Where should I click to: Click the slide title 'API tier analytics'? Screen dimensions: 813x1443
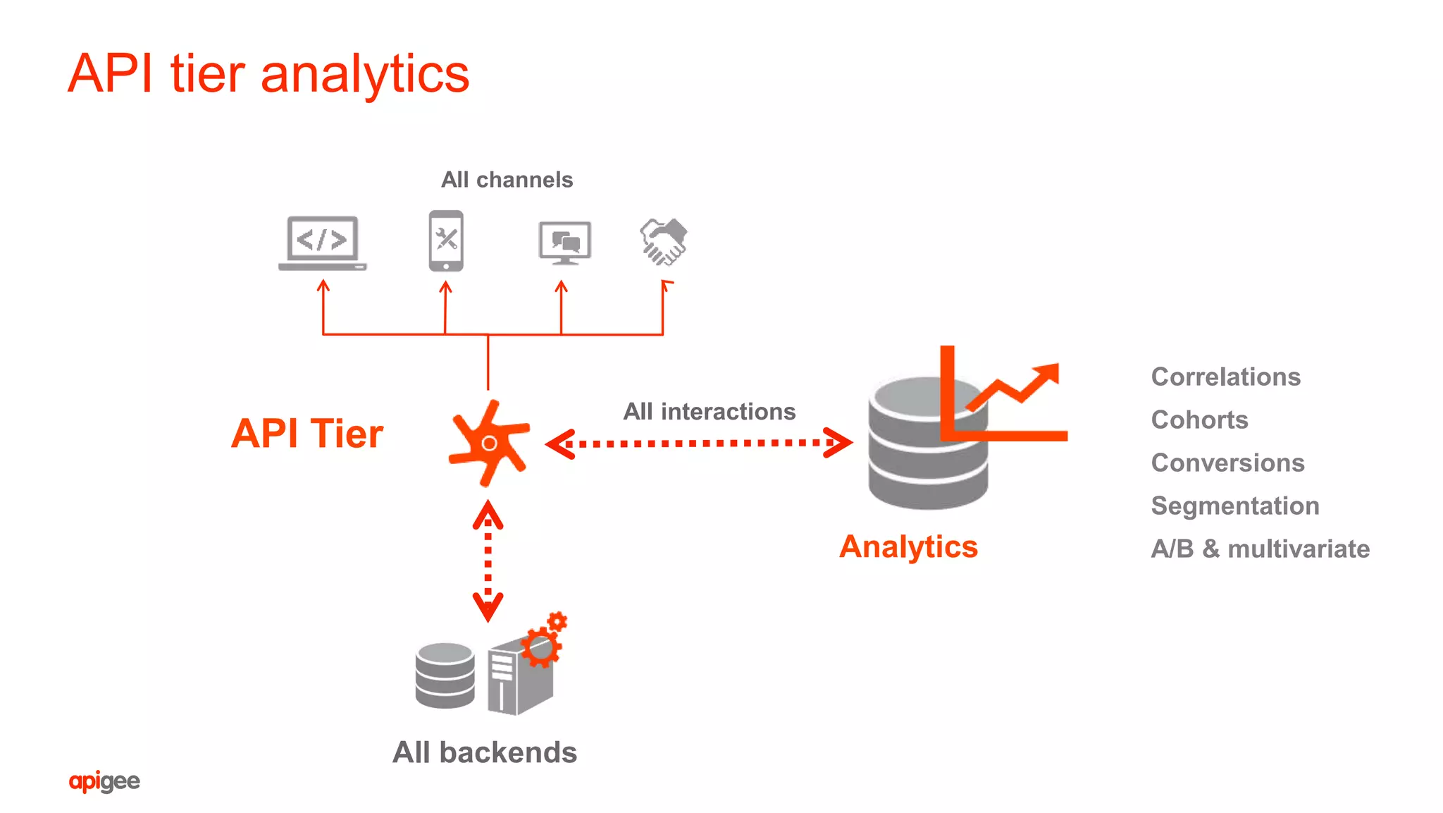tap(268, 73)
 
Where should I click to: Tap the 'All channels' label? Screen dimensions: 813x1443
tap(507, 180)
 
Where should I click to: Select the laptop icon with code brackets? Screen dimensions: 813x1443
tap(323, 243)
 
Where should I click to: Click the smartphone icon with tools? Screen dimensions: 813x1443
tap(446, 240)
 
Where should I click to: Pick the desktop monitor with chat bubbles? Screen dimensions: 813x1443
tap(564, 243)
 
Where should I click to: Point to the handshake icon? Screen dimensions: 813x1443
tap(663, 241)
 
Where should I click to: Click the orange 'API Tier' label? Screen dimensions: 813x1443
tap(307, 433)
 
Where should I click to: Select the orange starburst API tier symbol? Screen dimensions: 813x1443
tap(489, 444)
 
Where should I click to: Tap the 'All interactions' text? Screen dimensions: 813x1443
tap(709, 411)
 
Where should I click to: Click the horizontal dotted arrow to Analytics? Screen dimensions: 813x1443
tap(699, 444)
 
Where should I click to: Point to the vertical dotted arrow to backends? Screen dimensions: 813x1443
tap(488, 561)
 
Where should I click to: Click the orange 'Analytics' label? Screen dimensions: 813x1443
tap(908, 546)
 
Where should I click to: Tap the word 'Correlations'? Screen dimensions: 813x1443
tap(1225, 377)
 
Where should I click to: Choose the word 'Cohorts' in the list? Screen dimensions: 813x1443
tap(1199, 420)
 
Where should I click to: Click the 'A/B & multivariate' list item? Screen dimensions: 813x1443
tap(1260, 549)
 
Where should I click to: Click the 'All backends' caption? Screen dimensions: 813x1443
tap(485, 752)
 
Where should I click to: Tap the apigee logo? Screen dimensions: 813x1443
tap(104, 781)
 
